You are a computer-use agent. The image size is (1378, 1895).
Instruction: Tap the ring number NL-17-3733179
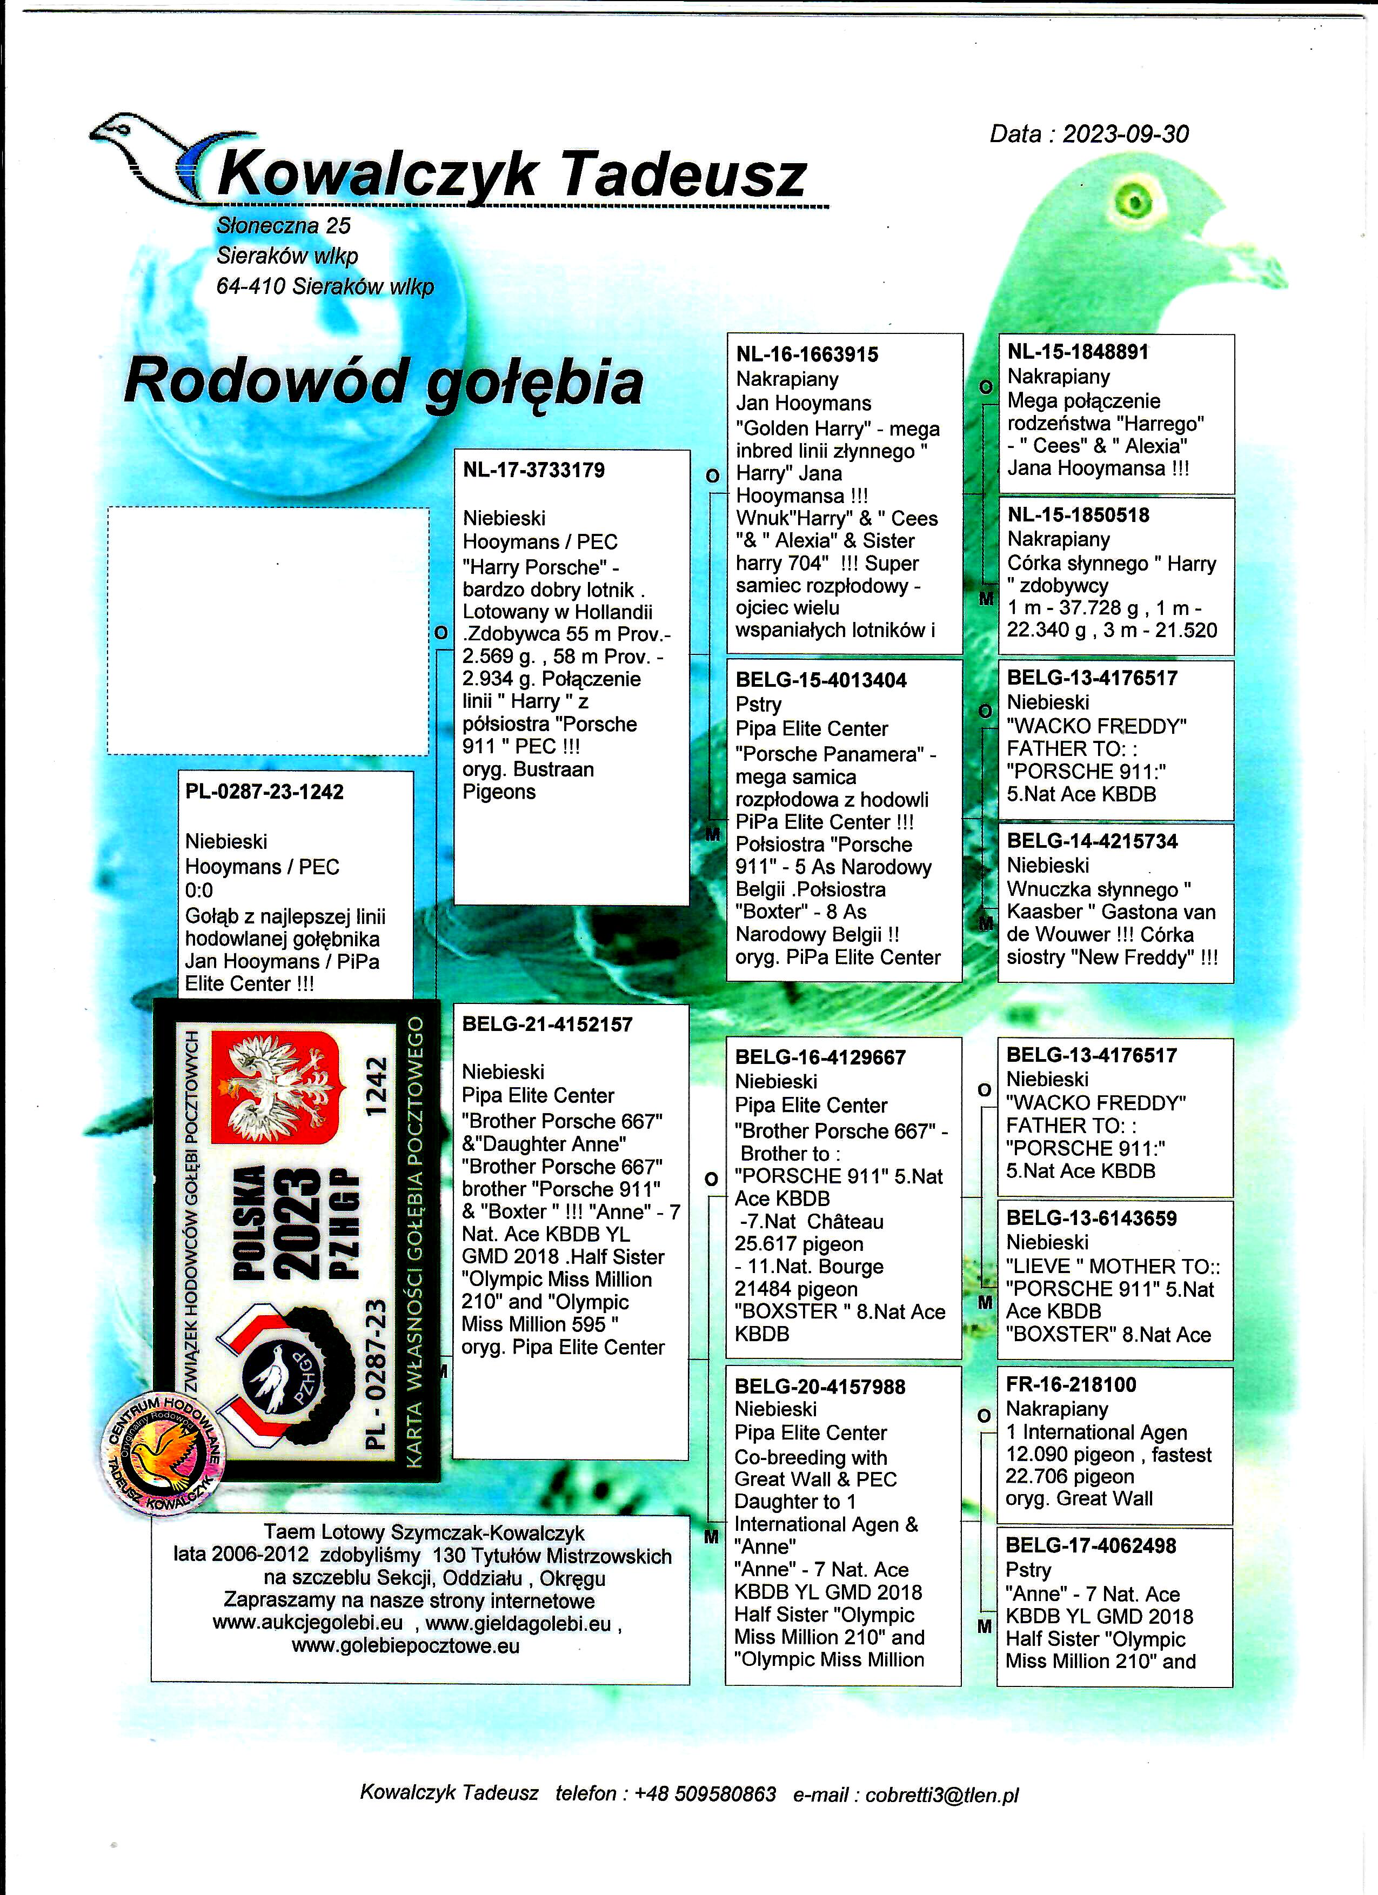point(533,471)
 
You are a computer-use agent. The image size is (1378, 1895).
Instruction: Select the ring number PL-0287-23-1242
point(264,792)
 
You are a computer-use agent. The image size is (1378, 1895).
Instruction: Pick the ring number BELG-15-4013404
point(821,680)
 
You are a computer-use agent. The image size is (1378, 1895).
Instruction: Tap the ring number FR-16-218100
point(1071,1384)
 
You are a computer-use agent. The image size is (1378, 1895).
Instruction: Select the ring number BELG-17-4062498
point(1091,1546)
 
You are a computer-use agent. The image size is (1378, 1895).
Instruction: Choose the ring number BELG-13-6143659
point(1091,1218)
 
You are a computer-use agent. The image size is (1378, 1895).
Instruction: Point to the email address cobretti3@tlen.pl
point(942,1794)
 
